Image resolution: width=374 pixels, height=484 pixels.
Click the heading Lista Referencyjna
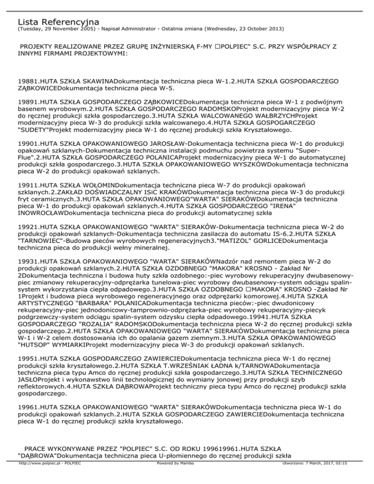pyautogui.click(x=58, y=22)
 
